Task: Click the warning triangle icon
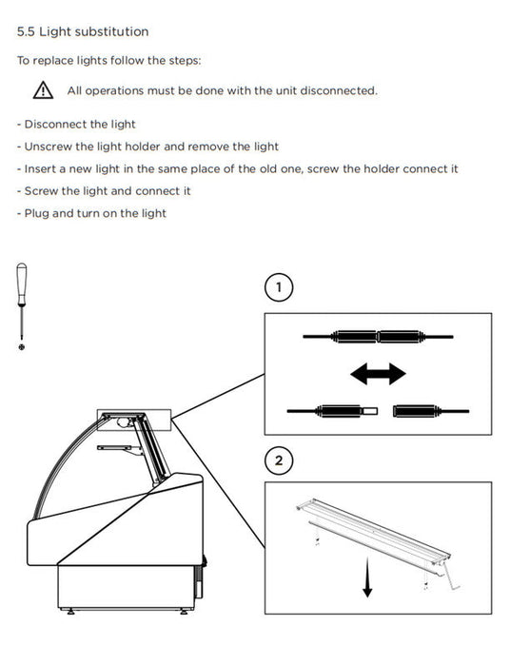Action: point(44,90)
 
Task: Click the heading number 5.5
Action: point(26,31)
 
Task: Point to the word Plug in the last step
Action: point(36,214)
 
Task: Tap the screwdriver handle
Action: point(22,283)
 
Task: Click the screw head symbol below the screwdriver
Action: point(22,347)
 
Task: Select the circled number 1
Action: point(279,287)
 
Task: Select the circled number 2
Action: point(279,460)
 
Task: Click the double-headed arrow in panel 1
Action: point(378,374)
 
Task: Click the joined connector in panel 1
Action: point(378,337)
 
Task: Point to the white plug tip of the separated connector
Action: point(369,411)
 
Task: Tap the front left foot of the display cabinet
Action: point(70,612)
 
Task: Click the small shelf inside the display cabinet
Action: point(120,449)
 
